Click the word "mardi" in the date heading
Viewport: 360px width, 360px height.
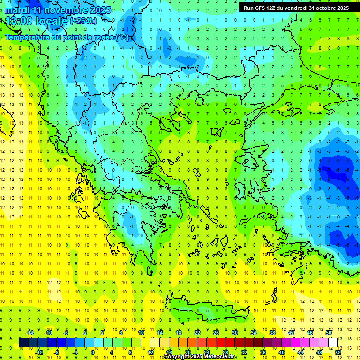(x=17, y=9)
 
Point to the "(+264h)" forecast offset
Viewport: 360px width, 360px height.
(x=83, y=21)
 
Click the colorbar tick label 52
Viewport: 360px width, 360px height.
(x=337, y=352)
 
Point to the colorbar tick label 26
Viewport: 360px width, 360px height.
(x=216, y=333)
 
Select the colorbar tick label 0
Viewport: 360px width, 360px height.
(x=94, y=352)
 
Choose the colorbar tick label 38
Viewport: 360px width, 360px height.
(x=272, y=333)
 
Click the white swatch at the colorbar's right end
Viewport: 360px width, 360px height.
(x=333, y=342)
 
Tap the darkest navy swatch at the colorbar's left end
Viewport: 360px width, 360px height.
(x=23, y=342)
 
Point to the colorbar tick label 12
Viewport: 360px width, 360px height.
(x=150, y=352)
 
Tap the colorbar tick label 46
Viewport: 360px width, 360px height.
(x=310, y=333)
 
